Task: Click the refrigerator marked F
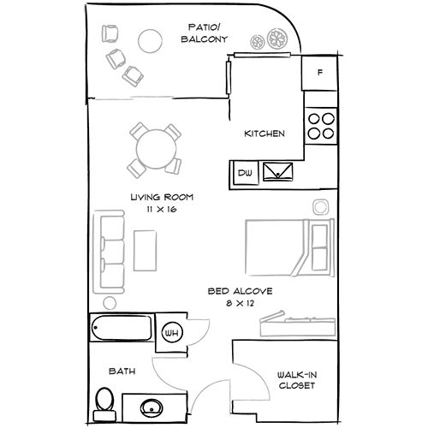click(x=320, y=73)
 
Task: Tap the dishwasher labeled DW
click(x=244, y=173)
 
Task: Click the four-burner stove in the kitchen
click(x=322, y=127)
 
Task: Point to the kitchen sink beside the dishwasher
click(x=278, y=172)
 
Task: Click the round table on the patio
click(x=152, y=40)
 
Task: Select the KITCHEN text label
click(x=265, y=134)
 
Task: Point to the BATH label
click(x=120, y=372)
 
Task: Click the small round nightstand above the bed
click(x=320, y=206)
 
